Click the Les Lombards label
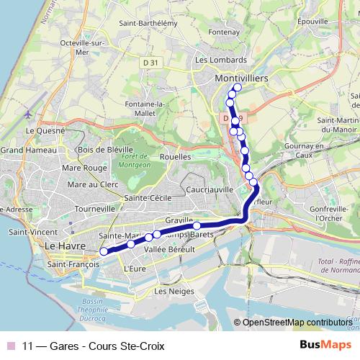tap(220, 60)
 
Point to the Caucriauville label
tap(210, 189)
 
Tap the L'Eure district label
tap(135, 269)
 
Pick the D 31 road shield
tap(150, 63)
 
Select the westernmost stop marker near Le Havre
tap(104, 251)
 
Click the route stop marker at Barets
tap(196, 226)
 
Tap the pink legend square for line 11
tap(10, 345)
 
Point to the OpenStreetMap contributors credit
tap(297, 322)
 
